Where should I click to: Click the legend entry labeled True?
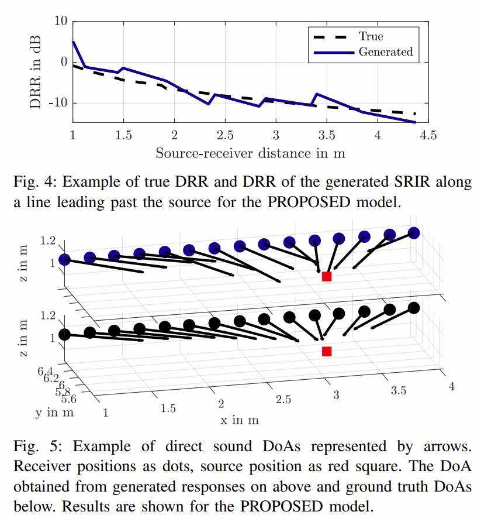click(x=370, y=36)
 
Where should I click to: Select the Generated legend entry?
click(x=385, y=51)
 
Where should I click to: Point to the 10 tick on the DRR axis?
click(x=61, y=22)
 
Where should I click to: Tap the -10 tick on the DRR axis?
click(x=57, y=104)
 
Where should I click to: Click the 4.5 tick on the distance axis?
click(x=428, y=135)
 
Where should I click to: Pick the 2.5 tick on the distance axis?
click(x=225, y=135)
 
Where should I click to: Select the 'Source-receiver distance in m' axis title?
click(x=250, y=154)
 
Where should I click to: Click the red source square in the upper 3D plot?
click(x=327, y=276)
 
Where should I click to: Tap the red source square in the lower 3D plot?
click(x=327, y=351)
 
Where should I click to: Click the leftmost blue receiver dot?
click(x=64, y=259)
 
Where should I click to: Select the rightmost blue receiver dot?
click(x=414, y=233)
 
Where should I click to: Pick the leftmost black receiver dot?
click(x=64, y=335)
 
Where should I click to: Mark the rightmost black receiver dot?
click(x=414, y=308)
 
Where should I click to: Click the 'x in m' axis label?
click(x=240, y=420)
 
